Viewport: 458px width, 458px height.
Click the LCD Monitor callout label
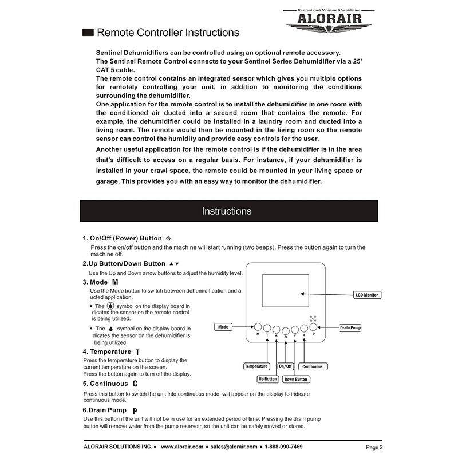click(x=367, y=295)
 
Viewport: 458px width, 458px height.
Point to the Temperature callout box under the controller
click(x=256, y=366)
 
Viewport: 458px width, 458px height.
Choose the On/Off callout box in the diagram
click(x=285, y=366)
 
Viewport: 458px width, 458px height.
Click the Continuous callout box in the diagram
click(x=312, y=366)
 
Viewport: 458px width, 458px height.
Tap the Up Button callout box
click(x=267, y=379)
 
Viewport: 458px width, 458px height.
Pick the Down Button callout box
click(x=295, y=379)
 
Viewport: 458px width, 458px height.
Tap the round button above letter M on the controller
click(x=258, y=327)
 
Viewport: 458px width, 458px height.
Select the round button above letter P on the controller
click(x=313, y=327)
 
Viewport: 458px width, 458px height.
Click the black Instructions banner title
click(x=227, y=211)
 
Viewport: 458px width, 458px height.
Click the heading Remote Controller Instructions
click(x=168, y=33)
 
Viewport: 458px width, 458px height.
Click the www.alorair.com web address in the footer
click(x=182, y=447)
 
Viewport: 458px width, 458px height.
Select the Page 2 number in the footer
click(x=374, y=447)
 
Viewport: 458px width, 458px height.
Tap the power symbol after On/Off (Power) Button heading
click(x=168, y=238)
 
